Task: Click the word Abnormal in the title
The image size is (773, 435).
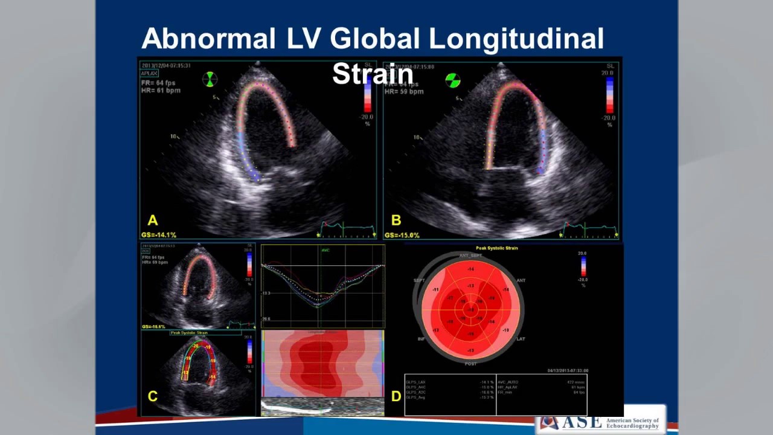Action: click(208, 39)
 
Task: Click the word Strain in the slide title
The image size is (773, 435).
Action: click(373, 74)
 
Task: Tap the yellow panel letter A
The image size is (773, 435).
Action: click(152, 221)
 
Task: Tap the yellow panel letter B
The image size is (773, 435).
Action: click(396, 221)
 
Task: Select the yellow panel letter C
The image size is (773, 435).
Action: click(152, 396)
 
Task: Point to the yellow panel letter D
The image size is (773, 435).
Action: click(396, 396)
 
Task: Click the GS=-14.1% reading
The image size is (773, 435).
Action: click(159, 235)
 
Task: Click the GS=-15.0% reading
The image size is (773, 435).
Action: click(402, 235)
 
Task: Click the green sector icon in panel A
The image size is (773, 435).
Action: click(210, 79)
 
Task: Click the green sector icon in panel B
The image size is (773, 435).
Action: click(452, 80)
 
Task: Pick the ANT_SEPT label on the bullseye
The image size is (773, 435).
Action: click(471, 256)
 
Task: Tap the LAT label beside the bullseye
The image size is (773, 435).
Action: click(521, 339)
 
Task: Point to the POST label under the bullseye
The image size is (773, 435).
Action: click(470, 364)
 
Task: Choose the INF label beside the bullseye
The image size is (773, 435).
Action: click(421, 339)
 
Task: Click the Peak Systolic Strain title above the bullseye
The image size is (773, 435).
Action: click(496, 248)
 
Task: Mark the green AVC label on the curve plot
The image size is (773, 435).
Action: click(326, 250)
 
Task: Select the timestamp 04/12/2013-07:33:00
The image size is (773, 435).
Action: click(568, 370)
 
